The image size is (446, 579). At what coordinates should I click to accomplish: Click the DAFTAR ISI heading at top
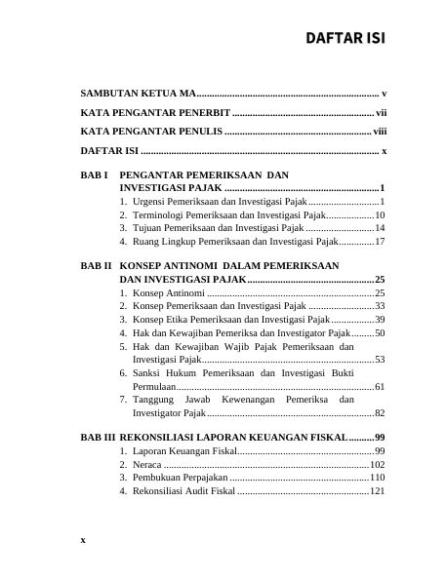[x=345, y=39]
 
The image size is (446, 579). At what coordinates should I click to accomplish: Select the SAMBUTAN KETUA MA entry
[x=138, y=94]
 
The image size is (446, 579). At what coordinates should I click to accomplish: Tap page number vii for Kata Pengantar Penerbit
[x=382, y=113]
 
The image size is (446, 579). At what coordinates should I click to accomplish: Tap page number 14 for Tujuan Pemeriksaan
[x=380, y=226]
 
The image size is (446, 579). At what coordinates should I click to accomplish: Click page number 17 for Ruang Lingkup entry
[x=380, y=240]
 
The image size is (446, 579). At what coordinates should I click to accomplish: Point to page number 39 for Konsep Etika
[x=380, y=319]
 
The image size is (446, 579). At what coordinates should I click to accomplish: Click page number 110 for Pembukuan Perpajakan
[x=378, y=479]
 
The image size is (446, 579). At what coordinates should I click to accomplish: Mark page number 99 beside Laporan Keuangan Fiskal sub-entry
[x=380, y=451]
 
